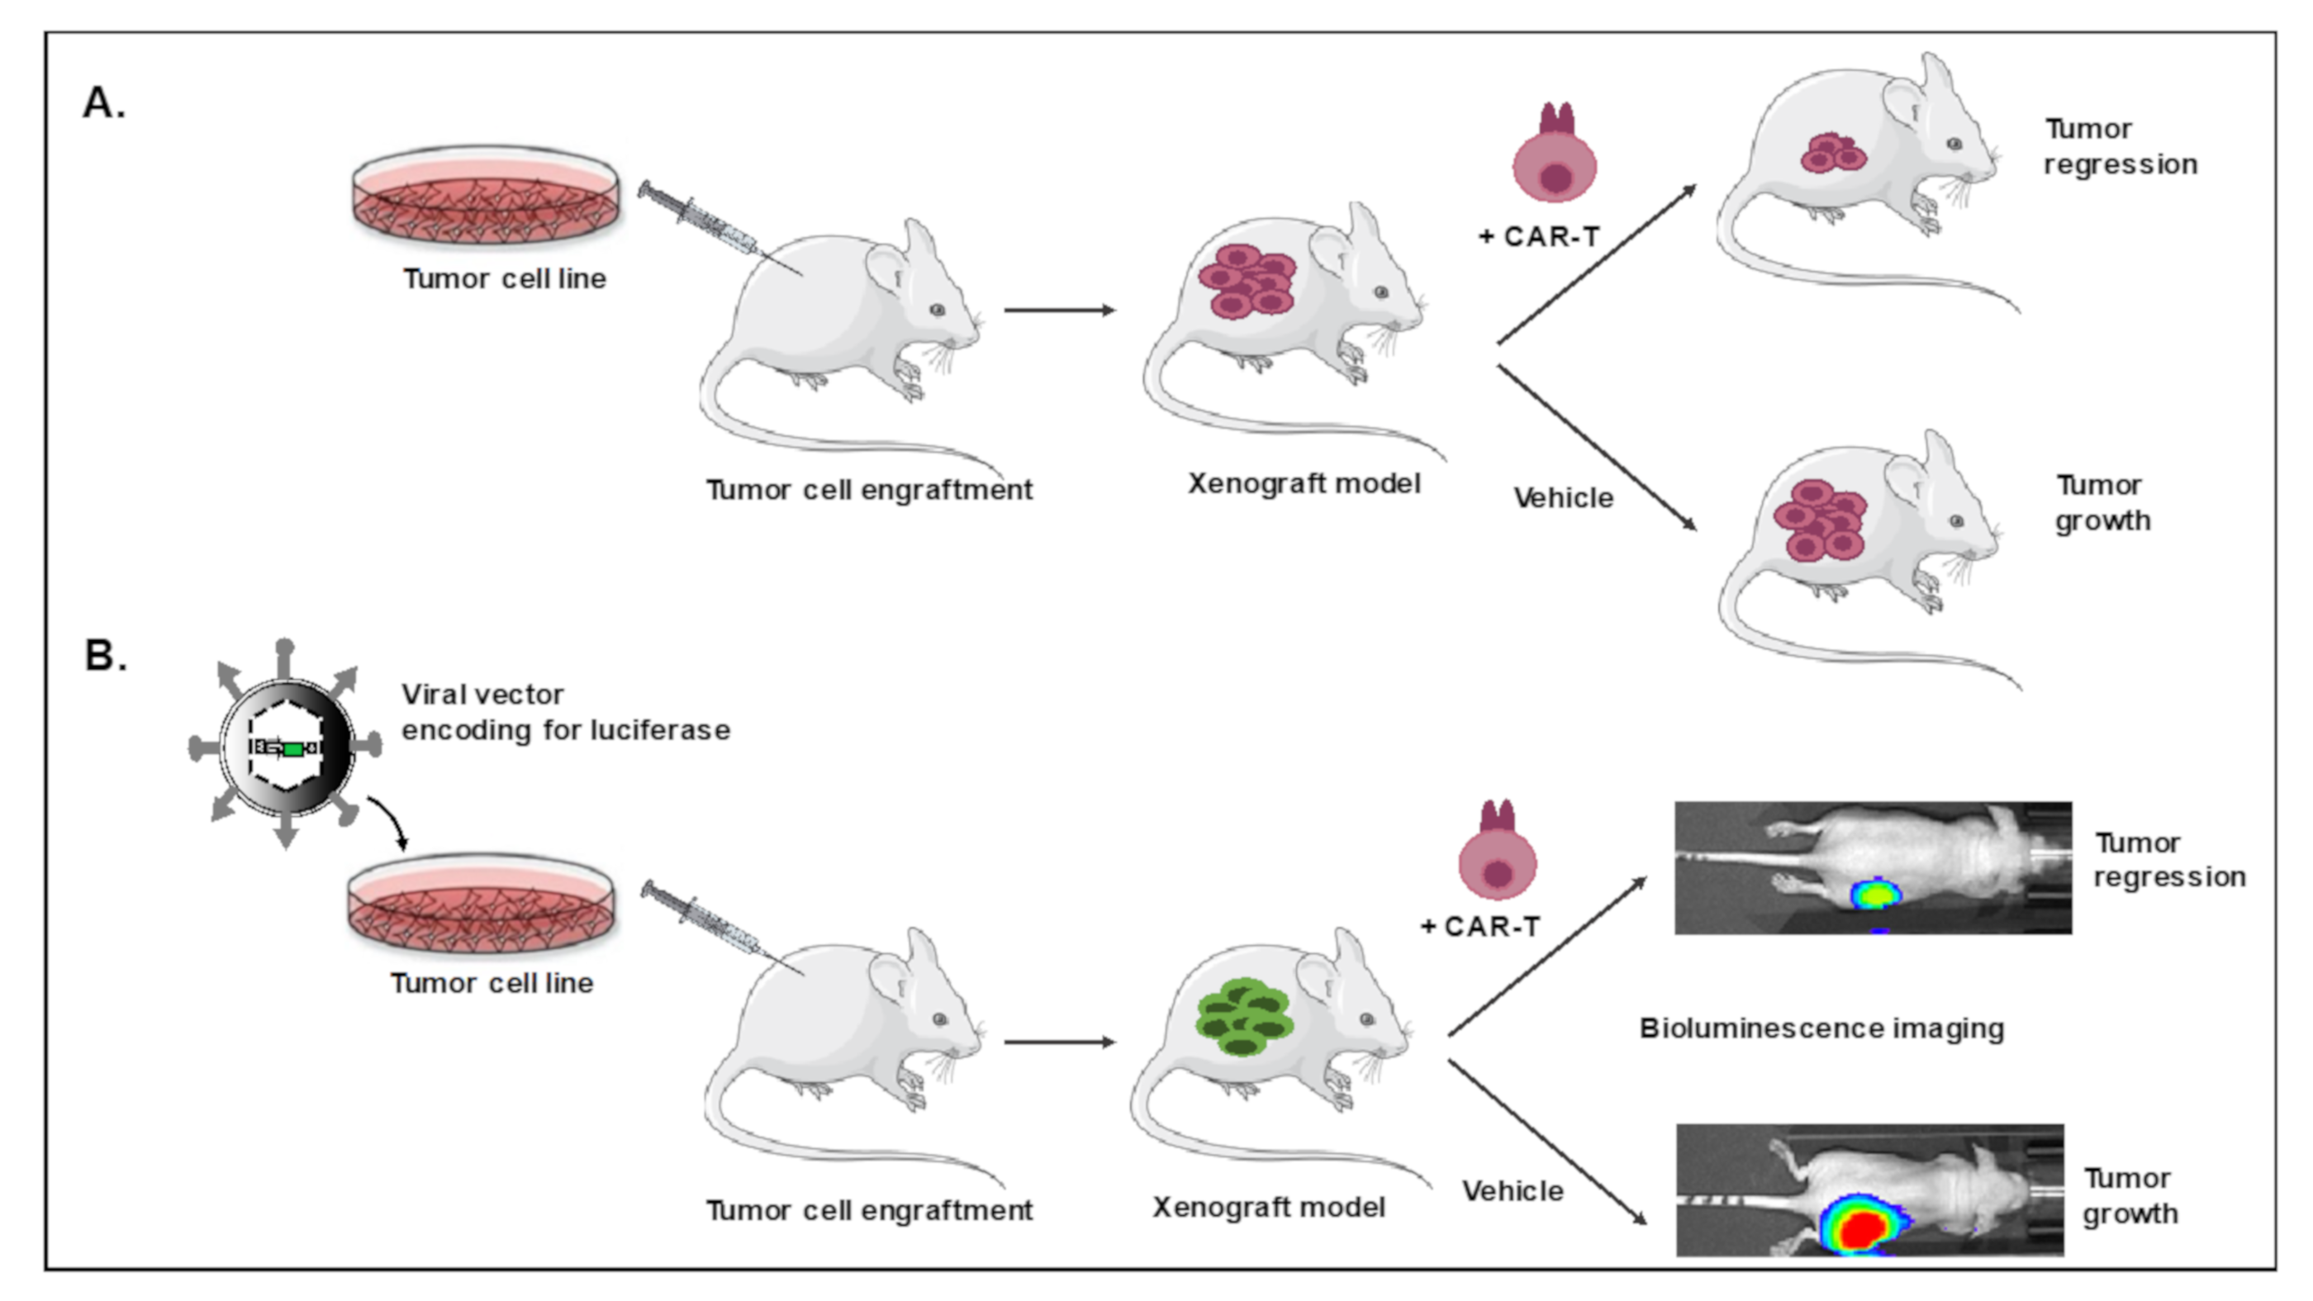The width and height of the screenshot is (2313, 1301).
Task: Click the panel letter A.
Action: [x=102, y=102]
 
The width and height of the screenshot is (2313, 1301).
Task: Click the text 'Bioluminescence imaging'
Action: [x=1821, y=1028]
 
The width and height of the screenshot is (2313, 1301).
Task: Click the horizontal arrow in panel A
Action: [x=1060, y=310]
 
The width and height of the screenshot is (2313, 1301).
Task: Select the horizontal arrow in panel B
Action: [x=1060, y=1042]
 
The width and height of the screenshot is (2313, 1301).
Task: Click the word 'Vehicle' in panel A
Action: [x=1562, y=497]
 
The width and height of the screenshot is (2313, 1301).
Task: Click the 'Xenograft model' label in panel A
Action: [x=1304, y=484]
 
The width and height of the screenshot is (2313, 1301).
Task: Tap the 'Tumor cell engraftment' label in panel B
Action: [x=869, y=1210]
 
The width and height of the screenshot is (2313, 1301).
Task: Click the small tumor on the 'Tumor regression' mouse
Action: [x=1832, y=154]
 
